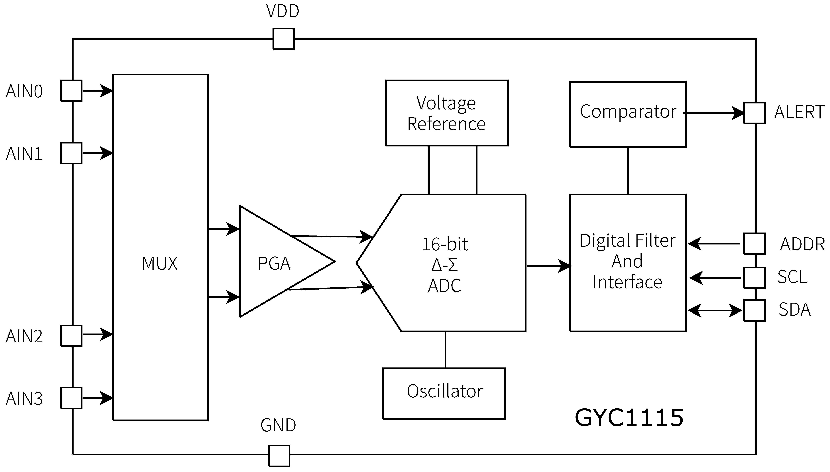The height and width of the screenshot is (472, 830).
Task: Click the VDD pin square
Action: click(x=283, y=39)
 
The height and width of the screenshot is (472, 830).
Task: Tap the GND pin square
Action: click(x=279, y=456)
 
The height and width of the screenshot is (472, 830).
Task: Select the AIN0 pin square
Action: click(x=71, y=91)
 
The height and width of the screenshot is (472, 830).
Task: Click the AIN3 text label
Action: click(x=24, y=398)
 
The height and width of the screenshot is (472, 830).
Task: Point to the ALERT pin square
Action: click(x=754, y=113)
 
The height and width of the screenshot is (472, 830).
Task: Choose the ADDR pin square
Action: click(x=754, y=243)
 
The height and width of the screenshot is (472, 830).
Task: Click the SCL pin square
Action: click(x=754, y=278)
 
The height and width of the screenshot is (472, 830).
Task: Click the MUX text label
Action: click(x=160, y=263)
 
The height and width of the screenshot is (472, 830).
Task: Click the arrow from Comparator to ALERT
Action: click(x=714, y=113)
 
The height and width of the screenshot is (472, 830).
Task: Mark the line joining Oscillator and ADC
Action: click(x=445, y=350)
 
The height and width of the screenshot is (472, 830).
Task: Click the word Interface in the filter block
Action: click(x=627, y=282)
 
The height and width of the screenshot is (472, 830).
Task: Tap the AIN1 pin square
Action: click(x=71, y=153)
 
